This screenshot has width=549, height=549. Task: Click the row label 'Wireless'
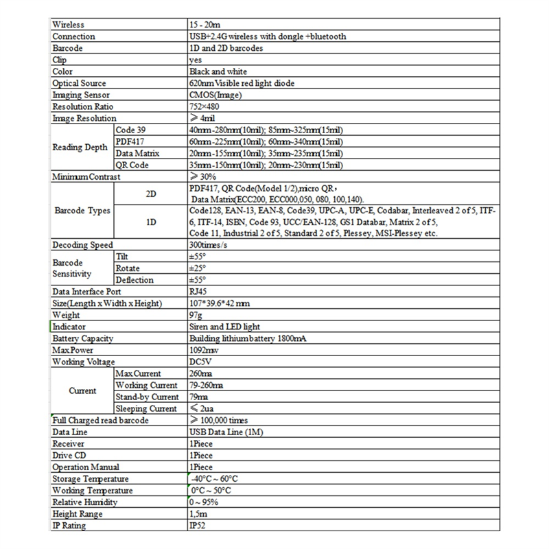tap(69, 25)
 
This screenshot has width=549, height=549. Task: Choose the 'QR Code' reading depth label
tap(133, 165)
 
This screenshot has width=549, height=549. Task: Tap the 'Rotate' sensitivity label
tap(128, 268)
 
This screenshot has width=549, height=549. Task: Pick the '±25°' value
tap(198, 268)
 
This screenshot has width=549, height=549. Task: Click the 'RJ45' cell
tap(198, 292)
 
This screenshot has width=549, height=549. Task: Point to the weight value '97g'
tap(195, 315)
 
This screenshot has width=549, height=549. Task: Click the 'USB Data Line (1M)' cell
tap(224, 432)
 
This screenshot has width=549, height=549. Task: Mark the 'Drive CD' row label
tap(69, 456)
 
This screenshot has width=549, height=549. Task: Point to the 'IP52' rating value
tap(197, 526)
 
